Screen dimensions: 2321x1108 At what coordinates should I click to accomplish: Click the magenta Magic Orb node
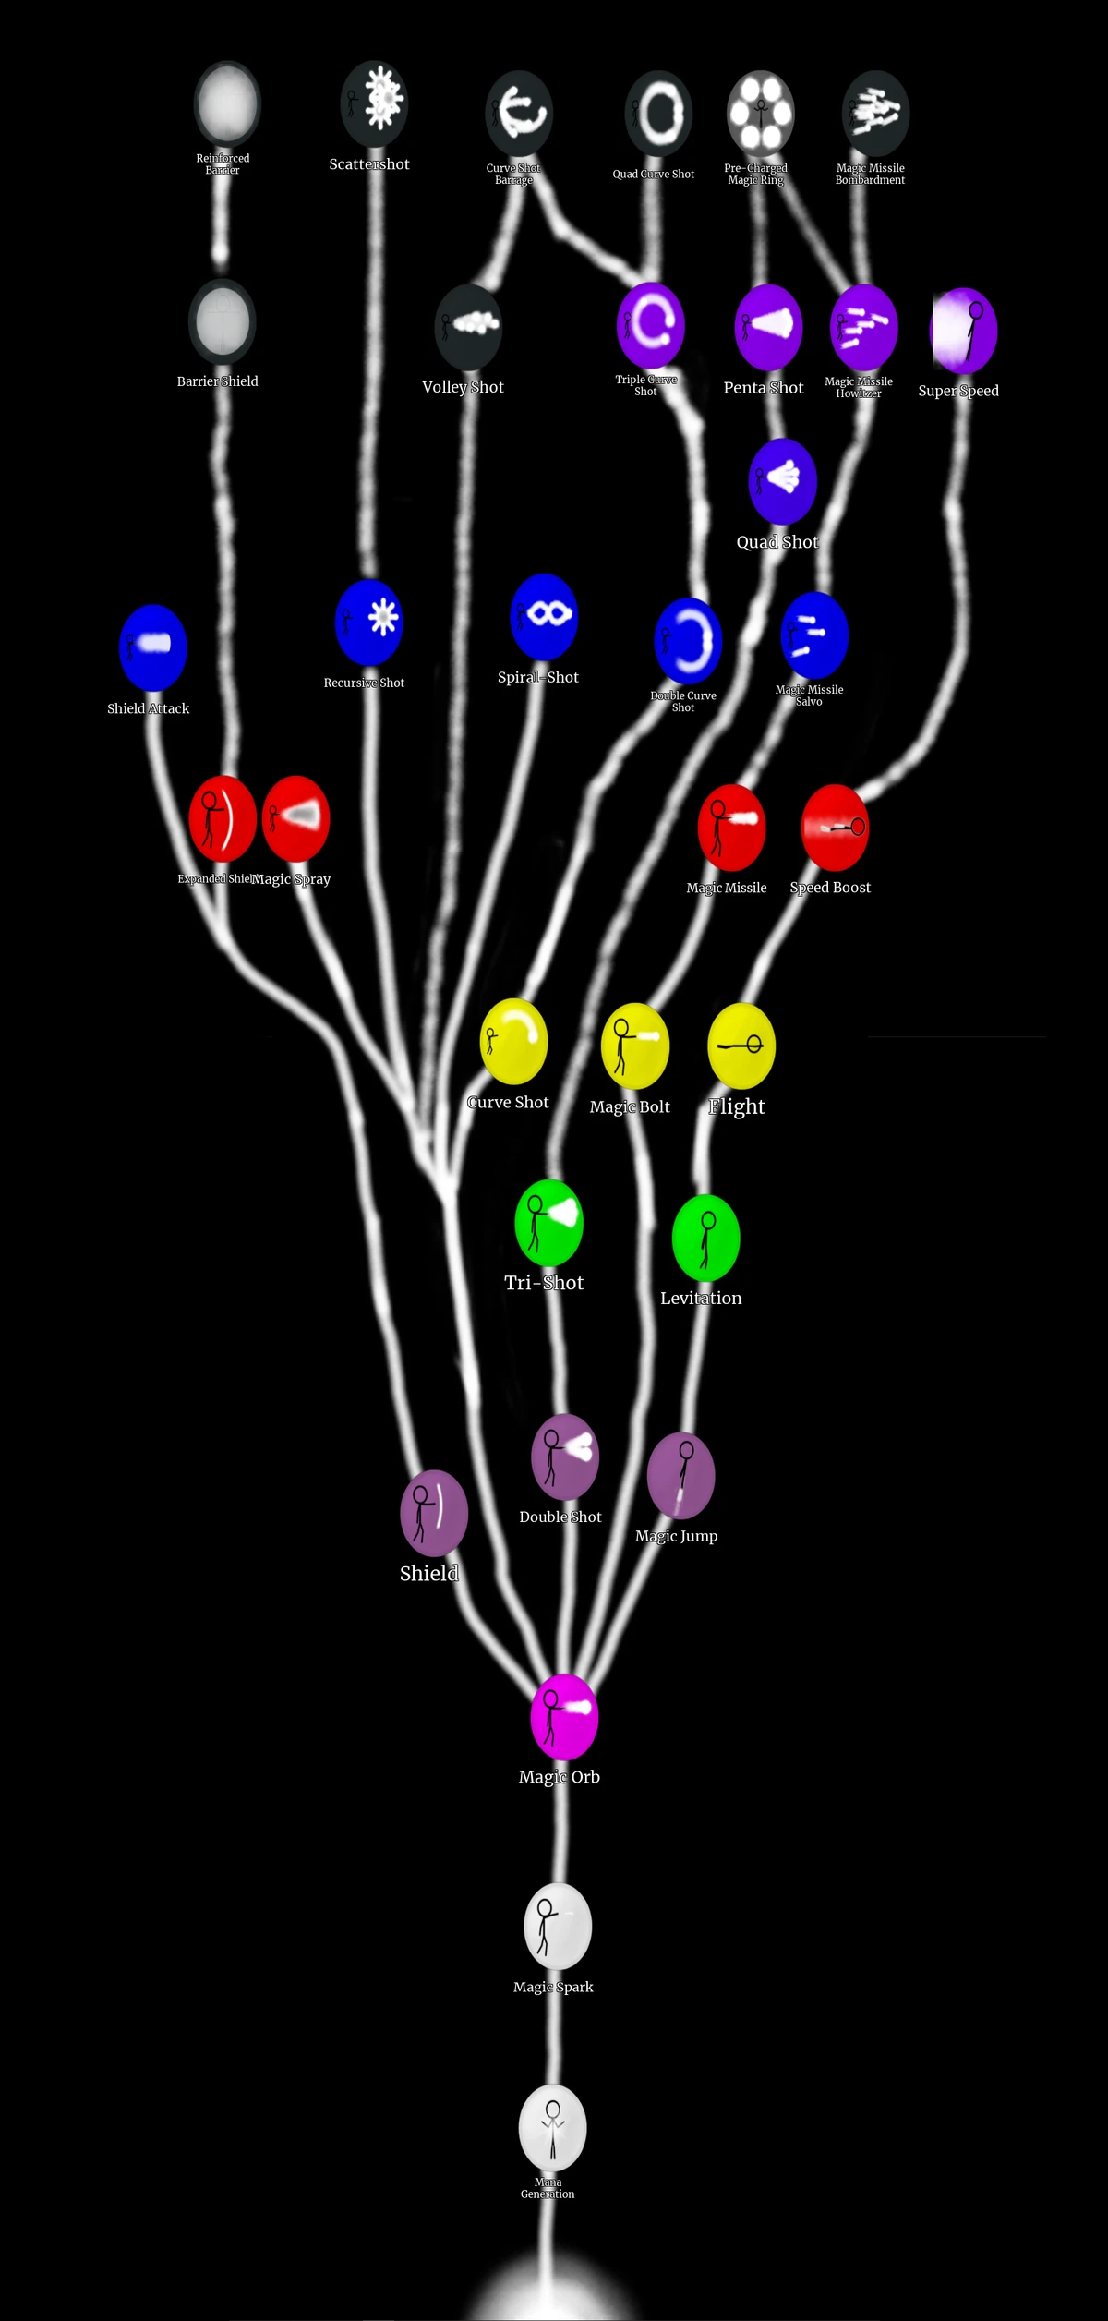coord(564,1717)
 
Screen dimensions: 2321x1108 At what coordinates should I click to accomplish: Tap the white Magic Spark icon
coord(558,1926)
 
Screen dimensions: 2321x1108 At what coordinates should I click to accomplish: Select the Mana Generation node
coord(552,2127)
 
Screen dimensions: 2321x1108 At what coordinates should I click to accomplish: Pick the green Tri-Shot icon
coord(548,1223)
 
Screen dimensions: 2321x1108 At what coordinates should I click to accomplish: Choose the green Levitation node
coord(706,1238)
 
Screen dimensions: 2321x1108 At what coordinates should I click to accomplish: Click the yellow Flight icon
coord(741,1046)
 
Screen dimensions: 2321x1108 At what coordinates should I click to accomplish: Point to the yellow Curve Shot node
coord(514,1042)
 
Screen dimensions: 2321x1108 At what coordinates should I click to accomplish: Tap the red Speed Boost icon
coord(835,828)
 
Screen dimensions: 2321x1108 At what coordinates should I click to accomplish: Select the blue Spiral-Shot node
coord(544,617)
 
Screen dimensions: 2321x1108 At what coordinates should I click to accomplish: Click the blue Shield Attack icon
coord(153,647)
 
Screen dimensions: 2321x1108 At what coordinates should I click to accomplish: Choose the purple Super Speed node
coord(964,331)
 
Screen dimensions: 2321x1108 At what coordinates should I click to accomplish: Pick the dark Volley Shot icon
coord(468,327)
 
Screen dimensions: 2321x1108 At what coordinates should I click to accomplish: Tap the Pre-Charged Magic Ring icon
coord(761,113)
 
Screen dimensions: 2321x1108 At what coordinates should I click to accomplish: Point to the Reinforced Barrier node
coord(227,103)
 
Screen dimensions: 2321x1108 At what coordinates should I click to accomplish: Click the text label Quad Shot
coord(777,542)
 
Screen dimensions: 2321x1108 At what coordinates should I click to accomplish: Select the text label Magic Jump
coord(676,1536)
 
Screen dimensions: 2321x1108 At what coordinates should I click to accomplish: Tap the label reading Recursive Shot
coord(364,683)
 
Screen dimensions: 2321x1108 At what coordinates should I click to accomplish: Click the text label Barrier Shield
coord(218,381)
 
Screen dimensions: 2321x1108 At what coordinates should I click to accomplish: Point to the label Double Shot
coord(560,1517)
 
